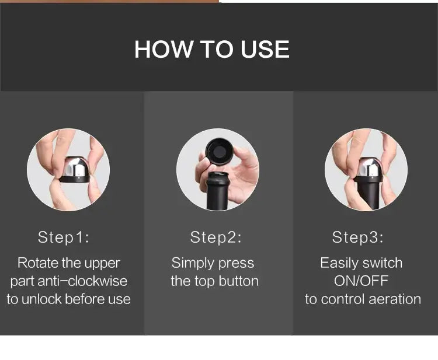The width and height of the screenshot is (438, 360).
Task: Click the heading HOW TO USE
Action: (x=211, y=50)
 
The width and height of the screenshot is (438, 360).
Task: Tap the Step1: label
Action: (x=64, y=237)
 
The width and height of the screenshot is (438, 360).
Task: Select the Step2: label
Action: (x=215, y=237)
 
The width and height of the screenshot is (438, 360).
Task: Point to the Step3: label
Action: (x=358, y=237)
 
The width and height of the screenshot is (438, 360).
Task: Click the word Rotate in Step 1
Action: (x=38, y=263)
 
